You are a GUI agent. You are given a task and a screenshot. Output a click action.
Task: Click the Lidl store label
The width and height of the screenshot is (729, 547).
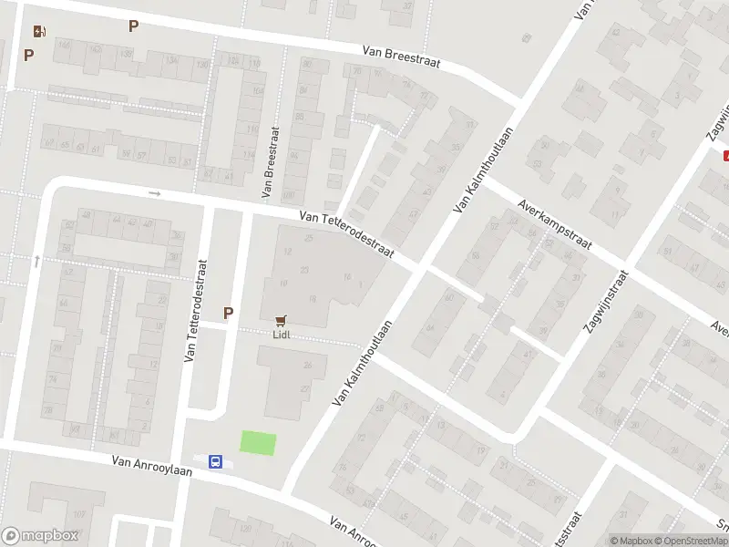pos(282,334)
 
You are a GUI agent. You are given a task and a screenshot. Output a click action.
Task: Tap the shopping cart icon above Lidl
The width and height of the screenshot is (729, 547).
pos(282,320)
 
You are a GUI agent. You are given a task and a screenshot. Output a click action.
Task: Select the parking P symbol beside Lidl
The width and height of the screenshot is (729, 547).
pos(228,313)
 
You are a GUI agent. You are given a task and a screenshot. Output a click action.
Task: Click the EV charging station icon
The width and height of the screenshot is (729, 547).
pos(39,31)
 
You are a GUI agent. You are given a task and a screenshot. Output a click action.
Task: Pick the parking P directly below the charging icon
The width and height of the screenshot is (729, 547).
pos(28,55)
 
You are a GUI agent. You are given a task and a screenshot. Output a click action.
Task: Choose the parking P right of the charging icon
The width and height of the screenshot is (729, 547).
pos(133,26)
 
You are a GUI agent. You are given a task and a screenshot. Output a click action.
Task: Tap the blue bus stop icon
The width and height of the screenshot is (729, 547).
pos(215,462)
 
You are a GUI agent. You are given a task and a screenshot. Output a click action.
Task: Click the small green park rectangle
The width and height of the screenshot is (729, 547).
pos(258,443)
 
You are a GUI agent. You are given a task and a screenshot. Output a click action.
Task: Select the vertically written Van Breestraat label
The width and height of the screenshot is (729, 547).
pos(269,162)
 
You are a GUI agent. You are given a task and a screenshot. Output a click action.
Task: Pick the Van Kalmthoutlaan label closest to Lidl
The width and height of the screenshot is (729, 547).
pos(368,362)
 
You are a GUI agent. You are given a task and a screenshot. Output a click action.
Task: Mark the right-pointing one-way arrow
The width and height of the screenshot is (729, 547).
pos(155,193)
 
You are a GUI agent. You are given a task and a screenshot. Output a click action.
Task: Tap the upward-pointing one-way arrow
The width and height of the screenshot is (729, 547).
pos(36,261)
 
